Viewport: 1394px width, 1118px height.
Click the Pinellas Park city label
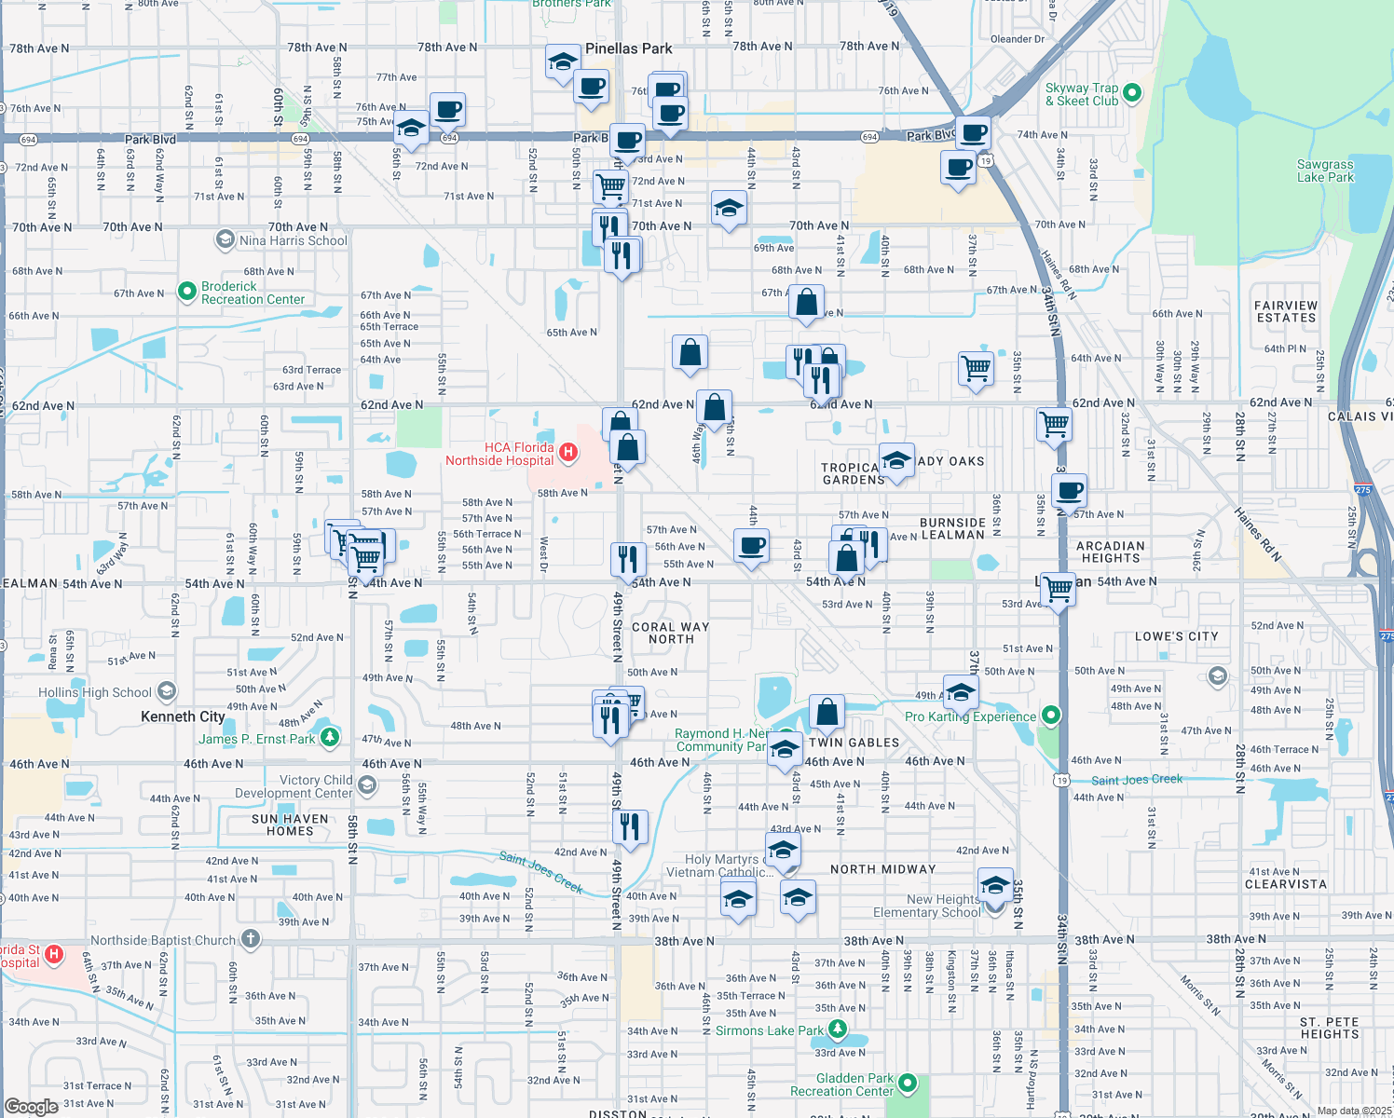628,48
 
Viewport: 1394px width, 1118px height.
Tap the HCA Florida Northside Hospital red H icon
567,453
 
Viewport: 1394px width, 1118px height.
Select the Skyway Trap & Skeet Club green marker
1132,92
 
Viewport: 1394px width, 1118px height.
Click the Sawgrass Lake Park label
1324,170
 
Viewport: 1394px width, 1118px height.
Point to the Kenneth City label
183,716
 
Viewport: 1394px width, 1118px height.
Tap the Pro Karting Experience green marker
1051,716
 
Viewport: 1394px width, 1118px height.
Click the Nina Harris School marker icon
225,240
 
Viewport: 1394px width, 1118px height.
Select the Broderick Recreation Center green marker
187,293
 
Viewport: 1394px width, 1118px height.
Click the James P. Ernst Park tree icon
329,738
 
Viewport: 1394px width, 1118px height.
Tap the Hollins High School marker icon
166,691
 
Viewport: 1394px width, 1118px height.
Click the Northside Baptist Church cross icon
250,939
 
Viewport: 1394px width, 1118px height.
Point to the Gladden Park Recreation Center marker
908,1084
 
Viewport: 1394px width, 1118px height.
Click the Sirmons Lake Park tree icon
838,1029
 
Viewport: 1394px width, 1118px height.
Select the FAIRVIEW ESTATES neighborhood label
1286,312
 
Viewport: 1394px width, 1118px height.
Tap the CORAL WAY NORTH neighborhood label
671,634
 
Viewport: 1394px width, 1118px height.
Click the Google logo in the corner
32,1107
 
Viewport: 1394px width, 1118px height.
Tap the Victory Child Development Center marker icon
367,786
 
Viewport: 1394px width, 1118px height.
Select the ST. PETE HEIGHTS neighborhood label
1330,1028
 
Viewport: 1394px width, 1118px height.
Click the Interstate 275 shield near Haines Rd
1362,489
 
